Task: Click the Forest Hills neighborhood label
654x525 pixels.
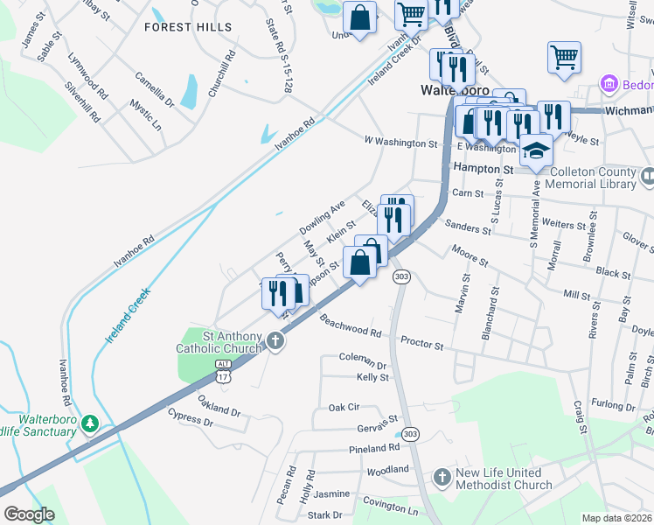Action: [189, 27]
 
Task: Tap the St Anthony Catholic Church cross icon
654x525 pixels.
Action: [276, 340]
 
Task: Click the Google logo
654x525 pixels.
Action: [29, 514]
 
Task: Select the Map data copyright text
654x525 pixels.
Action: [616, 518]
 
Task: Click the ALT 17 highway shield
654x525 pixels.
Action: [222, 371]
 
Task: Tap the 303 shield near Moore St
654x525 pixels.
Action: [401, 276]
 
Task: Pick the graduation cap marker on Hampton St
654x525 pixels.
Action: [536, 150]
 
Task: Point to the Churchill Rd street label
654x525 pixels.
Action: [220, 72]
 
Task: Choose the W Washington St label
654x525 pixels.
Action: [400, 142]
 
